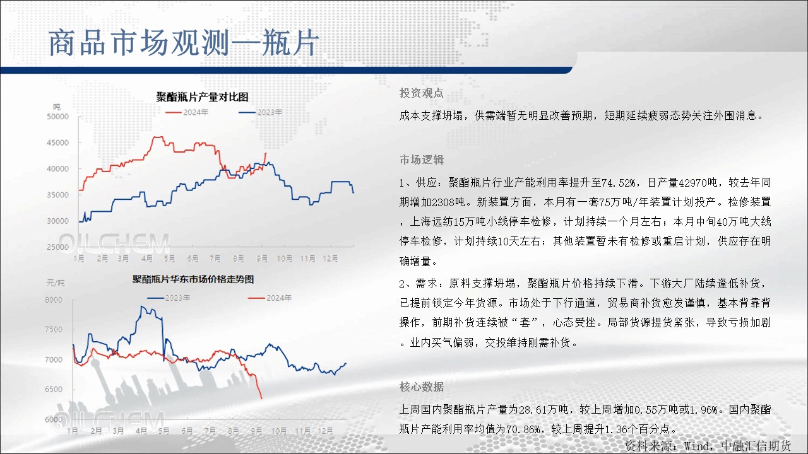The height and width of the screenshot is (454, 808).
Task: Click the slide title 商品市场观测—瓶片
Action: pos(184,44)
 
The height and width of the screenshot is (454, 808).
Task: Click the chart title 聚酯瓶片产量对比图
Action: pos(202,97)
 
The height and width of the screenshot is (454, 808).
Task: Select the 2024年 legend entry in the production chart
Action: pos(187,112)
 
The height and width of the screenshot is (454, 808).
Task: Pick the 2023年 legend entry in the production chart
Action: pos(261,112)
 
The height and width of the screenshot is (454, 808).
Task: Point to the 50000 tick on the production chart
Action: pos(57,117)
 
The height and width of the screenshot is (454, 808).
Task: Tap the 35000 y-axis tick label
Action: pos(57,195)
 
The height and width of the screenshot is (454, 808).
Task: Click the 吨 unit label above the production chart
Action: pos(57,107)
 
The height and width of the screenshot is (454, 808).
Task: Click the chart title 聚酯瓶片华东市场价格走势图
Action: pos(193,279)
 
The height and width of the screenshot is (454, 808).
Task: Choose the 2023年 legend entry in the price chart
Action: pos(169,298)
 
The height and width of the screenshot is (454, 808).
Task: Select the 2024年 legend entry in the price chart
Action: pos(270,298)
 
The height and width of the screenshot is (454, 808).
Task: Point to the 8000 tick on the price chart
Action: pos(54,300)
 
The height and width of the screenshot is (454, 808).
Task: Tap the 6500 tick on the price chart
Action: pos(54,390)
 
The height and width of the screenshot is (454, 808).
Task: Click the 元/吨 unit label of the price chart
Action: pos(56,283)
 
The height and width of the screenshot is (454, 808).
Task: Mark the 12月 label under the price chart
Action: pos(325,431)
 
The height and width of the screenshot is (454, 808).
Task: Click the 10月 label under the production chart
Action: pos(285,259)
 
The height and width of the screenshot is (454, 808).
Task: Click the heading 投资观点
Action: pos(421,93)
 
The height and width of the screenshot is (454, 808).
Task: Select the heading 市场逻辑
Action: pos(421,160)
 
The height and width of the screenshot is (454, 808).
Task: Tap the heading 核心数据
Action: pos(421,387)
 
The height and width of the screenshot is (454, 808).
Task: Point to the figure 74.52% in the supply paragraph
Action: pos(618,183)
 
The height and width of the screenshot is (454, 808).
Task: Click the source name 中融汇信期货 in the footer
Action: pos(756,446)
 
